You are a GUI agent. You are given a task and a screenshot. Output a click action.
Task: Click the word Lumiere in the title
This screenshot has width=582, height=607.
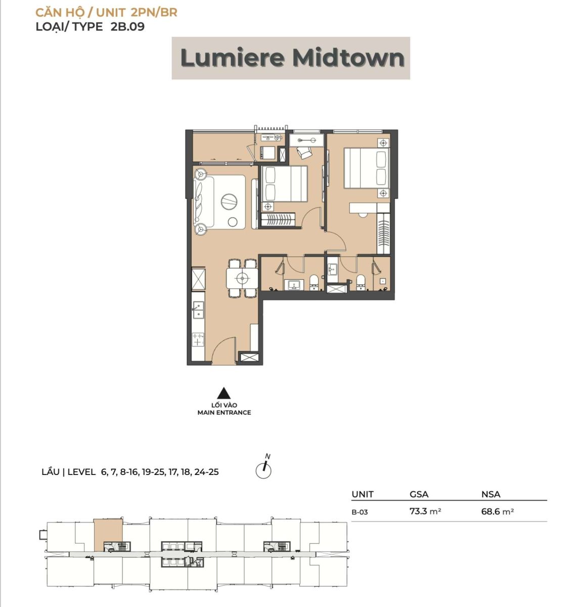(x=232, y=58)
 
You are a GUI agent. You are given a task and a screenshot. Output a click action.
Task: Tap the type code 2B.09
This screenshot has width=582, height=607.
(x=127, y=26)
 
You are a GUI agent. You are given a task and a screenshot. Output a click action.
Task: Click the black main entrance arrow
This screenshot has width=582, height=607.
(x=223, y=393)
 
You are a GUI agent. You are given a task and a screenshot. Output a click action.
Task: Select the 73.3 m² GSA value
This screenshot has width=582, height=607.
(x=425, y=511)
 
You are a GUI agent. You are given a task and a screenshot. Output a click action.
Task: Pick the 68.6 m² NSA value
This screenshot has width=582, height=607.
(x=497, y=511)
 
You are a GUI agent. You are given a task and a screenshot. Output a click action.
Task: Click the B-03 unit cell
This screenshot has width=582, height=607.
(x=360, y=512)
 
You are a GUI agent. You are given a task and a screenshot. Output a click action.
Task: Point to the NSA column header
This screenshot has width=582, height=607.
(x=490, y=494)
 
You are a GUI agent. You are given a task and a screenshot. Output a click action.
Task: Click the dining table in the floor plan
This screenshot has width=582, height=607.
(x=242, y=278)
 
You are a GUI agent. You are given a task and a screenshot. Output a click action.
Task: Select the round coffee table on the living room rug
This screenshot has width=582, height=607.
(x=229, y=201)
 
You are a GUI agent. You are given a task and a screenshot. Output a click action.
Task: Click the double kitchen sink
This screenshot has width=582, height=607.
(x=198, y=310)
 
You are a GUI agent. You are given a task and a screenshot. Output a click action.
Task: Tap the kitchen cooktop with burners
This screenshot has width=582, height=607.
(x=198, y=340)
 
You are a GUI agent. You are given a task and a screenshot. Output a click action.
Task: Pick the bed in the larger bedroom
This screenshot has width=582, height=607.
(x=366, y=168)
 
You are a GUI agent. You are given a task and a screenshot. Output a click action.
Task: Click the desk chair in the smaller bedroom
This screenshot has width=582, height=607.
(x=303, y=153)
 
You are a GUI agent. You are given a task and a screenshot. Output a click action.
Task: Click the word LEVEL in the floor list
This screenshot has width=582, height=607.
(x=81, y=472)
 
